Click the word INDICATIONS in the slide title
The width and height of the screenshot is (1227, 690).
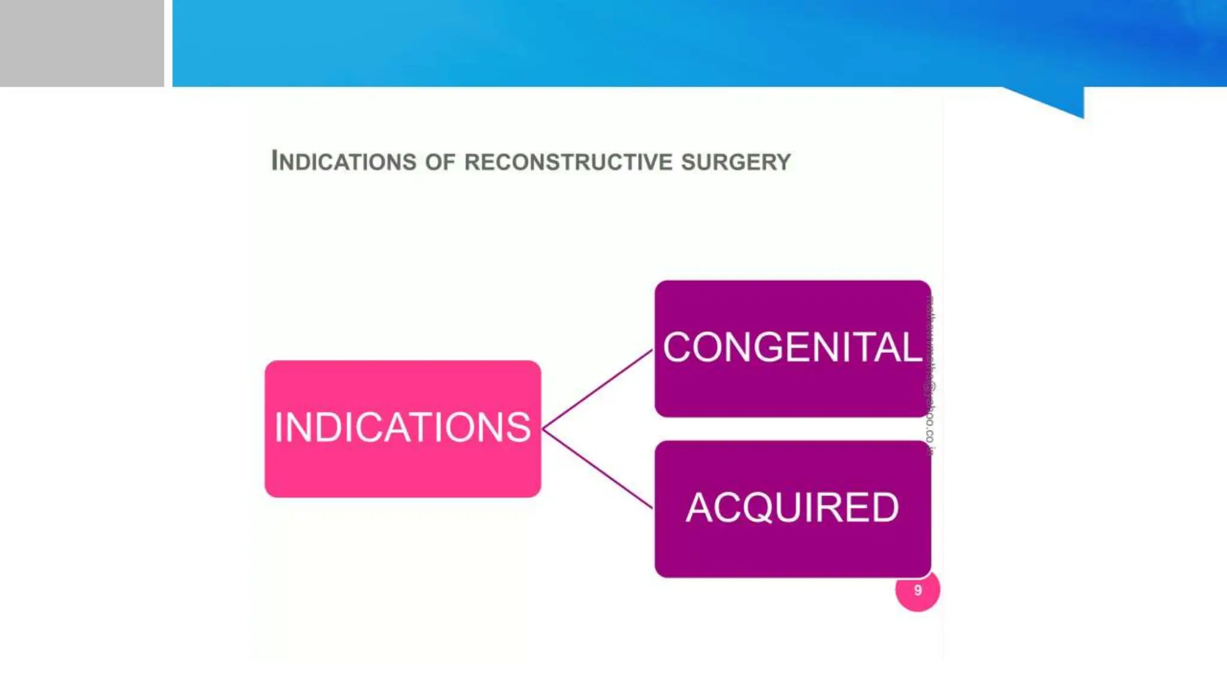pos(344,161)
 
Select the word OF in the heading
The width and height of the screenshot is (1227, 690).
pos(440,162)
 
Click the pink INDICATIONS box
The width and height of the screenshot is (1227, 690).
pos(403,461)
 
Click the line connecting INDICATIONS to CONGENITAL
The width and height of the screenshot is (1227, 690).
pos(598,389)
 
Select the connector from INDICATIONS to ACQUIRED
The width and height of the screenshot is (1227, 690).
pos(598,469)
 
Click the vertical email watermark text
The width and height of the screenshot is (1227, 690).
pos(930,376)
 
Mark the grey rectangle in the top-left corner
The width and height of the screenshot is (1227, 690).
pos(81,43)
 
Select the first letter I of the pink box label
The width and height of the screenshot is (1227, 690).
pos(279,428)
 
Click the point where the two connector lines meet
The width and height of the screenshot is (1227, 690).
pos(543,429)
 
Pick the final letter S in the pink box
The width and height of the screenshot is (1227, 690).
pos(518,428)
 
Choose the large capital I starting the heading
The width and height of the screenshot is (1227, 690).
pos(275,161)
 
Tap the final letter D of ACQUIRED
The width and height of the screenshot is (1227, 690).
pos(884,508)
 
